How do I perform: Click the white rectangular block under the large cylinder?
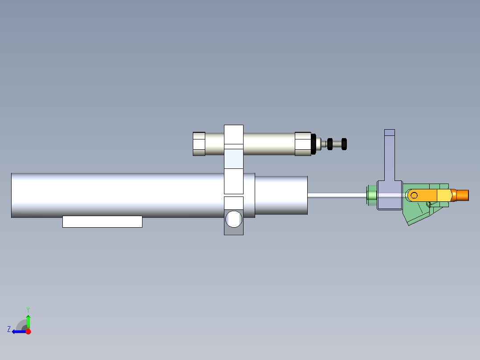102,221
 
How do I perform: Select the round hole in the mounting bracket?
234,219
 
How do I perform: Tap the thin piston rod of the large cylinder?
337,195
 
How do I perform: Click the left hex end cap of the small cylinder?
199,144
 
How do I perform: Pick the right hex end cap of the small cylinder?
303,144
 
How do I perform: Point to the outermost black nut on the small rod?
344,144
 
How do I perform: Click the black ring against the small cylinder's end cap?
313,144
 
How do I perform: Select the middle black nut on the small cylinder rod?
329,144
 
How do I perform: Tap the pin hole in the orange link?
414,196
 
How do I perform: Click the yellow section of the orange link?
444,195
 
